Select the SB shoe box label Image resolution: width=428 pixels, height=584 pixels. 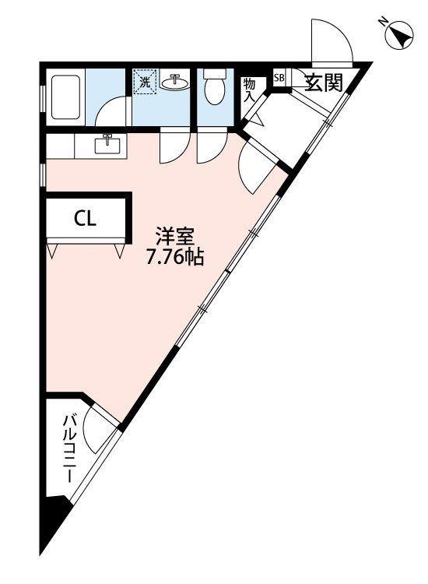point(279,78)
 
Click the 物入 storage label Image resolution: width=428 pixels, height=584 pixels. point(249,90)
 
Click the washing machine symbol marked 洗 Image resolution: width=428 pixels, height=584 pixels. point(145,82)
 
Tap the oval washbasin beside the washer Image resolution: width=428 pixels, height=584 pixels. point(174,82)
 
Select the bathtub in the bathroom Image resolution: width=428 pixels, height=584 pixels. point(65,97)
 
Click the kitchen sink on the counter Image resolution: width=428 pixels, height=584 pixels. point(107,144)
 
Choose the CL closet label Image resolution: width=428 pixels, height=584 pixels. point(86,219)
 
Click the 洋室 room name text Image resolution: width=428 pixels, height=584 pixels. point(175,237)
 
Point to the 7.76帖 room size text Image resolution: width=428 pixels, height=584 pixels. point(174,257)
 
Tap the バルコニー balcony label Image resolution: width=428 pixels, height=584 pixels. point(68,449)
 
